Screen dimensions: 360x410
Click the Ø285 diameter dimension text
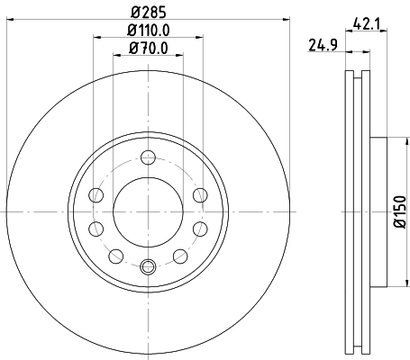point(149,13)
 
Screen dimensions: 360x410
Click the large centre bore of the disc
point(148,211)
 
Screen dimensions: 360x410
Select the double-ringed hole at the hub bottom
point(148,265)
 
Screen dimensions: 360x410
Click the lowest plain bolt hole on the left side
point(115,256)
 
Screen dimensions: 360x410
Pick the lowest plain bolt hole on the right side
point(180,256)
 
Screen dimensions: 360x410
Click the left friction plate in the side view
point(350,211)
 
